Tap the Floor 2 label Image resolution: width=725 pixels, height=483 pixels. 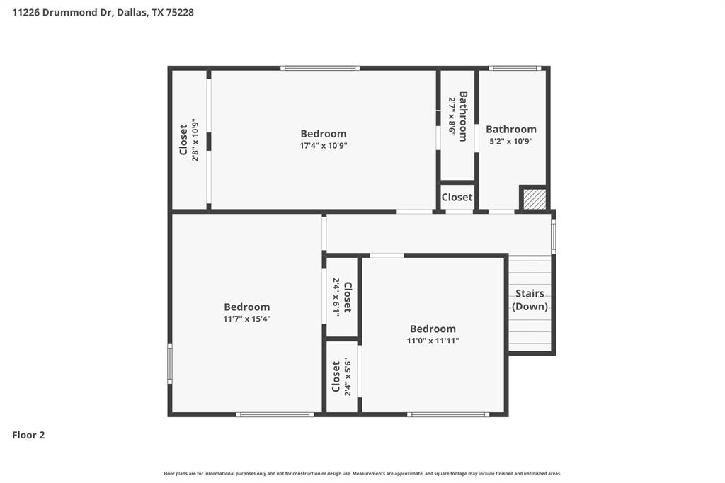[28, 435]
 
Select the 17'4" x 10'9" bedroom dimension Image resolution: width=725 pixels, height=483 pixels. [324, 146]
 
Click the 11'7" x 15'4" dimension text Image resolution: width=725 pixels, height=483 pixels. [247, 319]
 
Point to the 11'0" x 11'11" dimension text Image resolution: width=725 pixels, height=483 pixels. [433, 341]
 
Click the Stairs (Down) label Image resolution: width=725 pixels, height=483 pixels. [530, 300]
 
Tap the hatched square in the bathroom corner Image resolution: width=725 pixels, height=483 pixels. [534, 199]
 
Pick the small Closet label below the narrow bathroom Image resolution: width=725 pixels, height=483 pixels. [457, 198]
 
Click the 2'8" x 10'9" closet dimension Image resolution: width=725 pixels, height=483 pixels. [195, 140]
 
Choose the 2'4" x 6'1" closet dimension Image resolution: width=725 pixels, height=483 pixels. [336, 296]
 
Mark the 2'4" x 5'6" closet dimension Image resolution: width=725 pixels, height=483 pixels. [347, 377]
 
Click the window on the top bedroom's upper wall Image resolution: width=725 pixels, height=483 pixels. [320, 68]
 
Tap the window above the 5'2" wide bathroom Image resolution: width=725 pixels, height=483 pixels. [515, 68]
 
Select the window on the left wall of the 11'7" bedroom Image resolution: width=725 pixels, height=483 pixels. [170, 364]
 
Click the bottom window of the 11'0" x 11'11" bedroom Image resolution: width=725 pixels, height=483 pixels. [448, 414]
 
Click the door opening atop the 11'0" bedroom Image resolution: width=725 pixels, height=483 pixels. [387, 255]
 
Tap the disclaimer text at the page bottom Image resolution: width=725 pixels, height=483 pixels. [362, 473]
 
